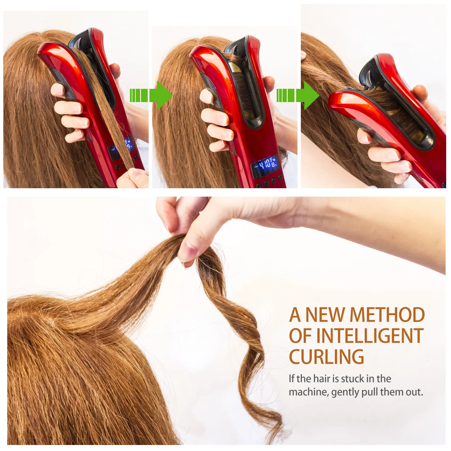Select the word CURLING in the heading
[326, 357]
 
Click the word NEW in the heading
[325, 315]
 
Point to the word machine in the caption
[308, 392]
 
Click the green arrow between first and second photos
[151, 95]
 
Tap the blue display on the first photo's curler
[120, 149]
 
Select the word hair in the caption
[321, 379]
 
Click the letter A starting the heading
[295, 315]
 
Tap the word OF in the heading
[301, 336]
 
